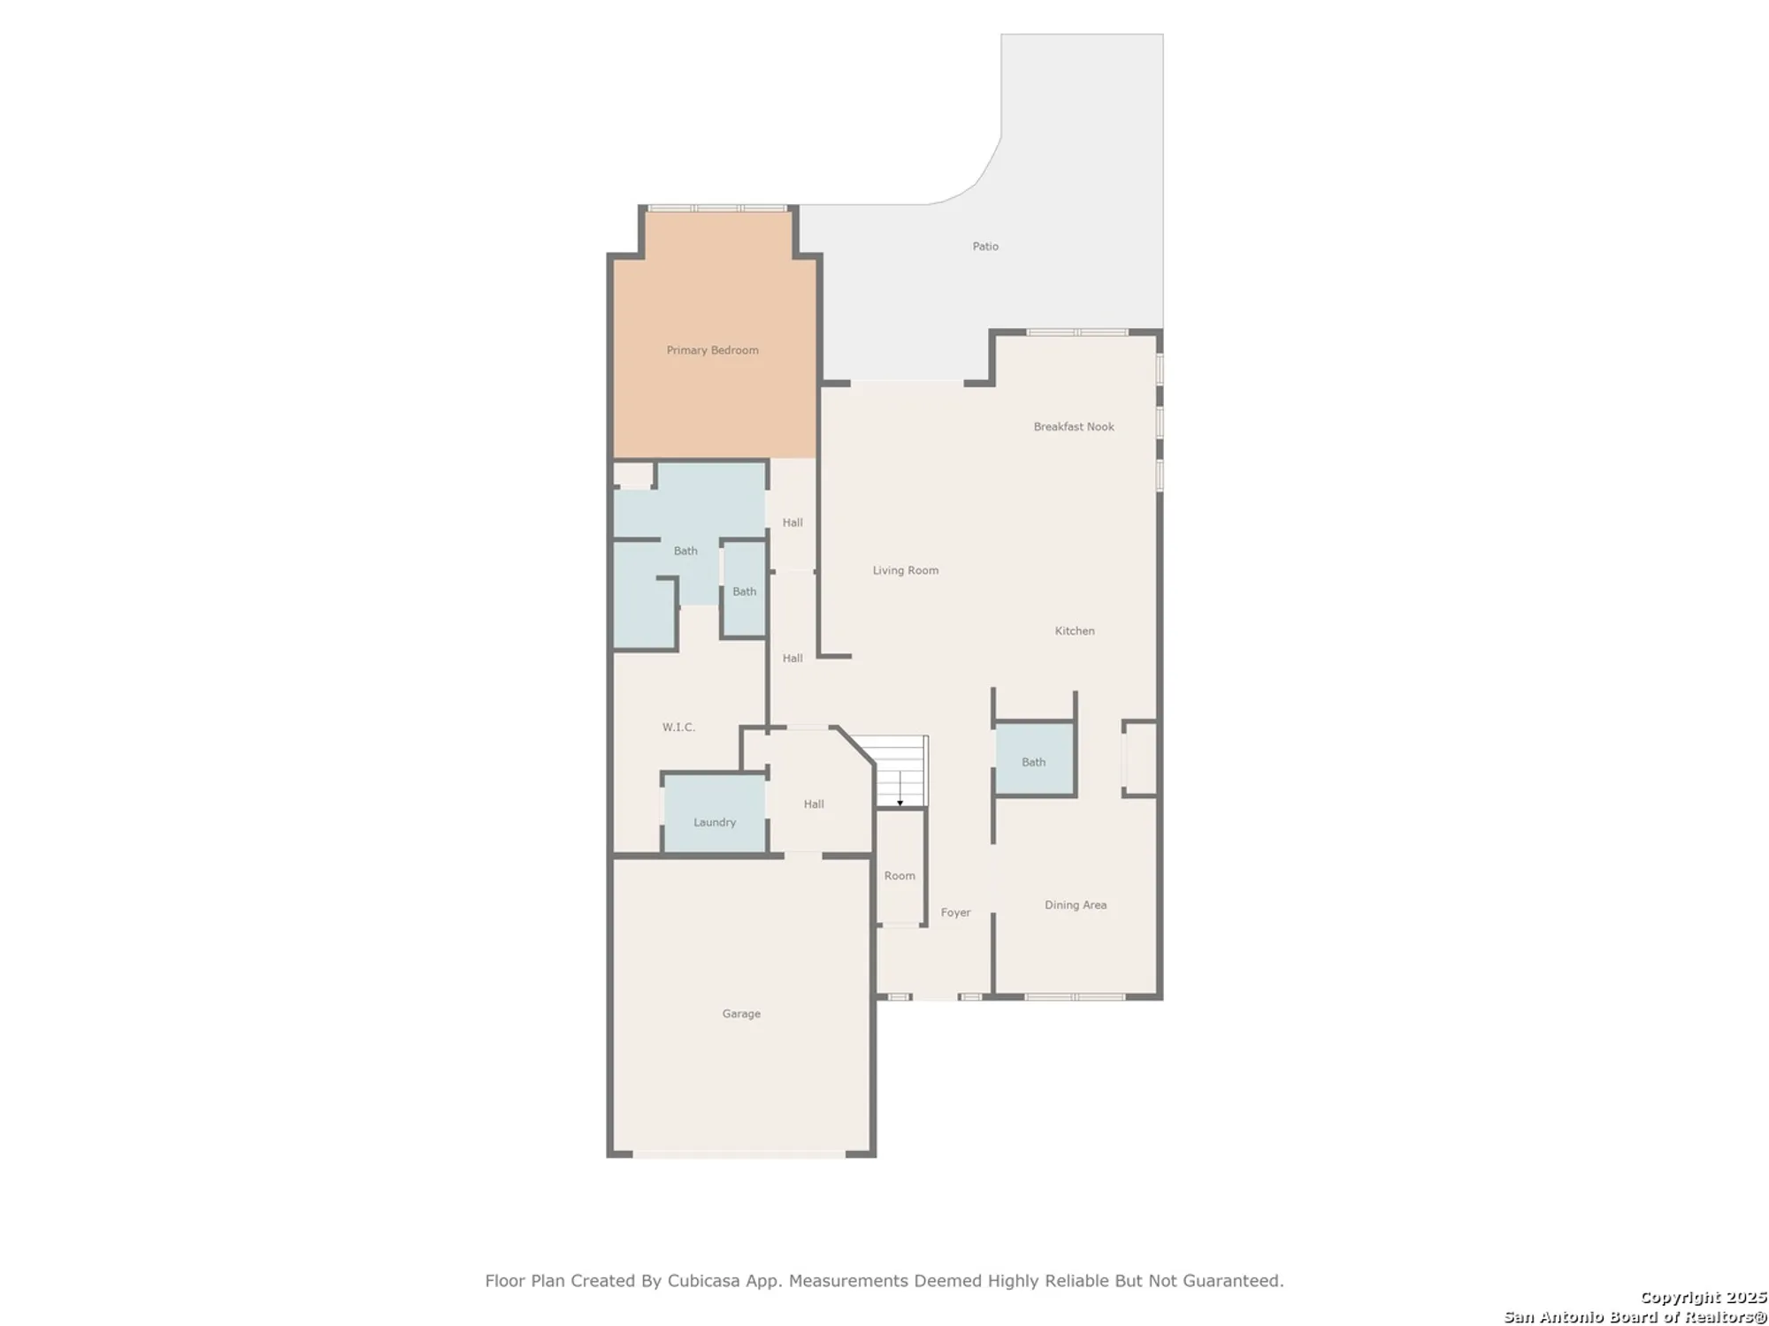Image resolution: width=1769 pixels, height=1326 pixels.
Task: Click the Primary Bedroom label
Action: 712,350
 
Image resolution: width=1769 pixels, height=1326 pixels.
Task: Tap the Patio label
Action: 985,247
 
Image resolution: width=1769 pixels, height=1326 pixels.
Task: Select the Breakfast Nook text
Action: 1074,427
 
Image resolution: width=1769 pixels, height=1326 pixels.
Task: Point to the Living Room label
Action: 906,570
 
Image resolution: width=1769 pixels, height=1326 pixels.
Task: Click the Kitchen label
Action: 1075,631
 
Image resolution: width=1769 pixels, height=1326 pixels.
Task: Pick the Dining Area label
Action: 1076,905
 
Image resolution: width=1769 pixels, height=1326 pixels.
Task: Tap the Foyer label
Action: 955,912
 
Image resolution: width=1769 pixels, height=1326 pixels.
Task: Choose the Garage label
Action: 741,1014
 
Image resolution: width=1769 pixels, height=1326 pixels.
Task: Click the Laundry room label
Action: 715,822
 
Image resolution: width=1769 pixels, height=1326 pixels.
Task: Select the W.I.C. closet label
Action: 678,728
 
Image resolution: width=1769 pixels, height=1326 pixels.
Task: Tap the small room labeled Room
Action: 900,876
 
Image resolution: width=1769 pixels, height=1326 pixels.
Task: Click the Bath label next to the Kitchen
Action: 1033,762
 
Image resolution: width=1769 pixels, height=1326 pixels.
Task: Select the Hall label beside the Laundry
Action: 814,804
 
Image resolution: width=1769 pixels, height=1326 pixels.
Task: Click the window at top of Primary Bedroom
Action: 716,209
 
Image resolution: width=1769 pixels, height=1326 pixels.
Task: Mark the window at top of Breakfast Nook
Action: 1076,332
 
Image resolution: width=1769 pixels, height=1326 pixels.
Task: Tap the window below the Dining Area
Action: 1074,997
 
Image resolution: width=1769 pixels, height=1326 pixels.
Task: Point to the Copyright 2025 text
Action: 1703,1298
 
